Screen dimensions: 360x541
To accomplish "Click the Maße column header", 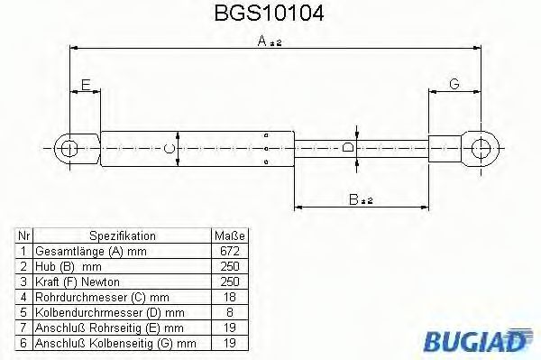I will (x=230, y=235).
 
